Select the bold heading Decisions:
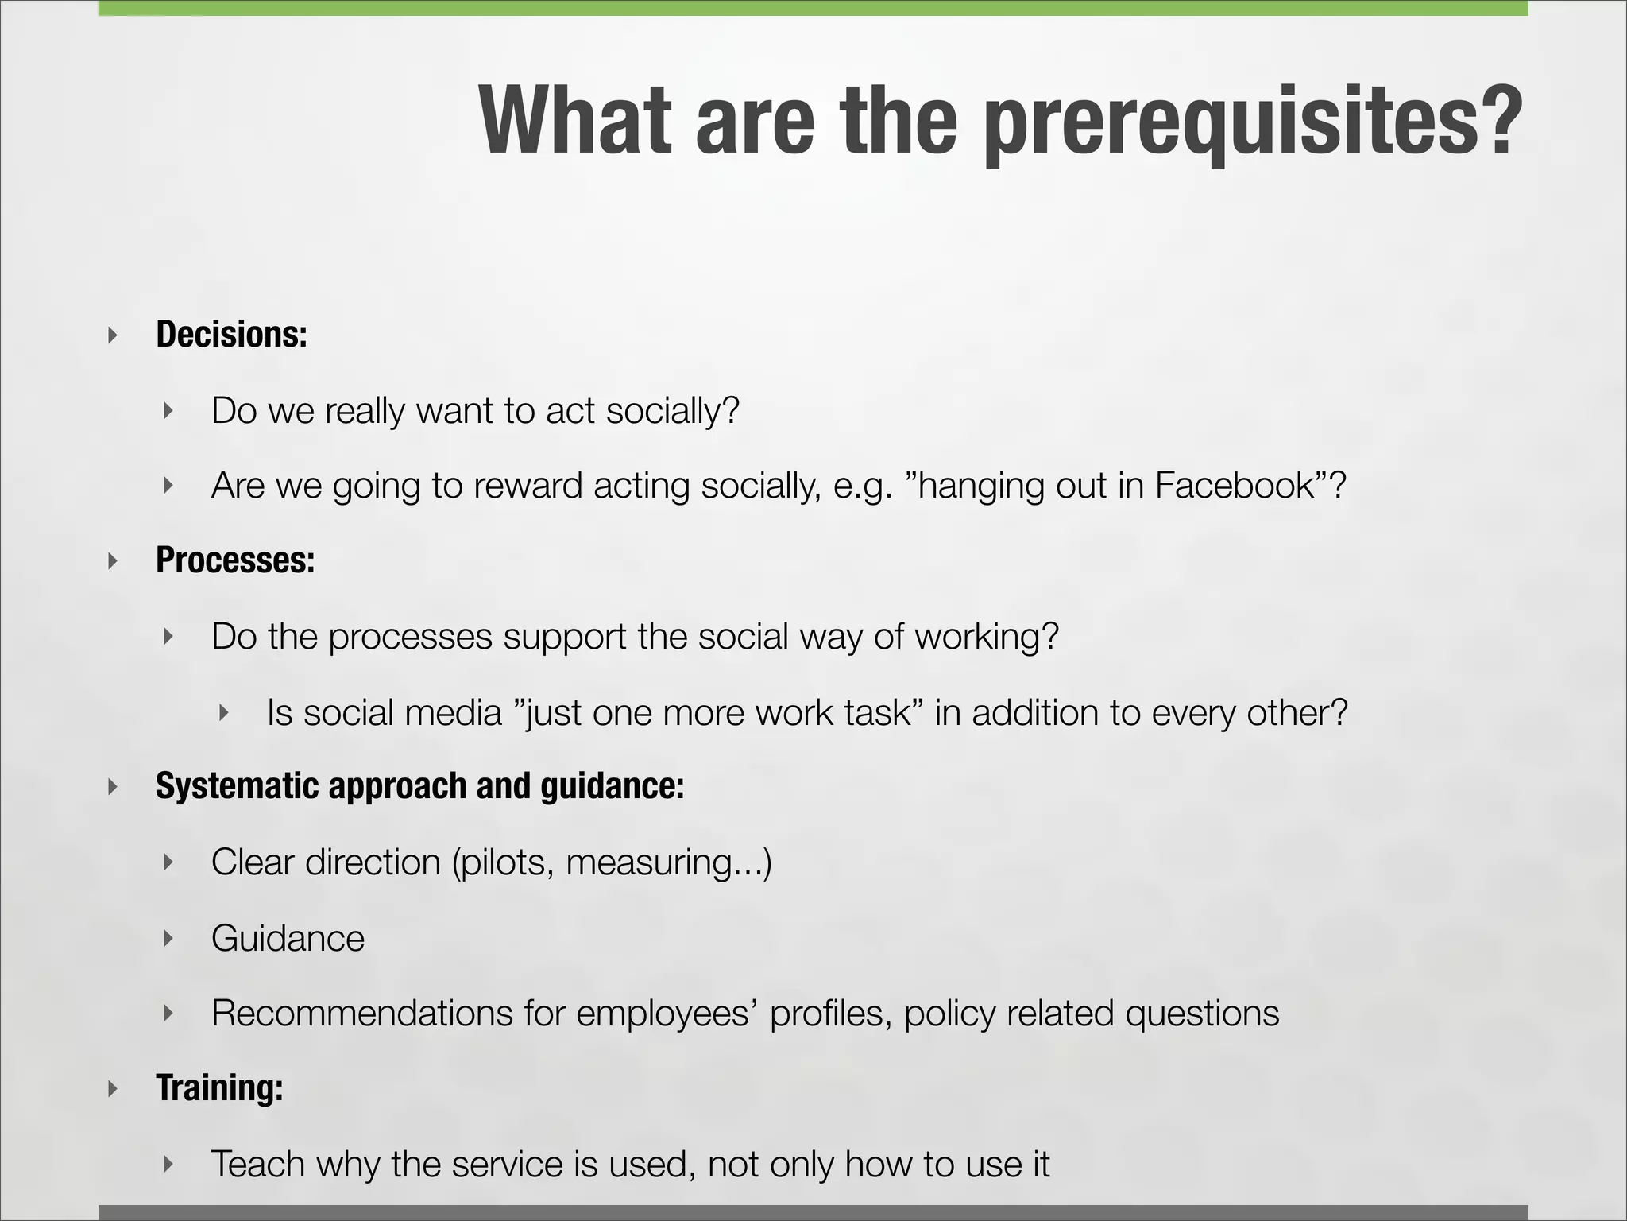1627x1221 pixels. [x=231, y=335]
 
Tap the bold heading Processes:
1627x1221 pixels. [x=235, y=560]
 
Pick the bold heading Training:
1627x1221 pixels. [x=219, y=1088]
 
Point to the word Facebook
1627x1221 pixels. [x=1235, y=486]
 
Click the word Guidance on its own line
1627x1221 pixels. [x=288, y=939]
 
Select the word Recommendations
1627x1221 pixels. [x=361, y=1014]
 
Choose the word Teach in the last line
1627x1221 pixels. [x=257, y=1165]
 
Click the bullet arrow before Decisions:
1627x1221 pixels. [x=113, y=335]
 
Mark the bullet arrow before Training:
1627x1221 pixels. [x=113, y=1088]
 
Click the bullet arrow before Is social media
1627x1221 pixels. [x=224, y=712]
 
